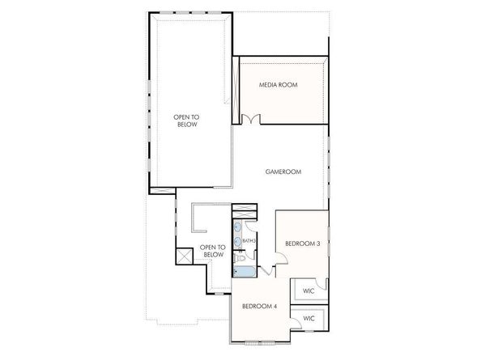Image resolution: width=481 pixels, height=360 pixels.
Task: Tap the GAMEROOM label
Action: point(284,172)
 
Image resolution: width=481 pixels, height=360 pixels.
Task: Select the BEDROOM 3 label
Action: point(303,243)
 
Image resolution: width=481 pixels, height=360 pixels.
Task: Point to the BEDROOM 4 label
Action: point(259,306)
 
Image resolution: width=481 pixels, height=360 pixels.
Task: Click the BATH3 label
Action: point(249,240)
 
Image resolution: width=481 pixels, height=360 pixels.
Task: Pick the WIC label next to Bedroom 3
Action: point(309,290)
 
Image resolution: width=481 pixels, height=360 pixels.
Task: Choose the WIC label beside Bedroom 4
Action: point(309,319)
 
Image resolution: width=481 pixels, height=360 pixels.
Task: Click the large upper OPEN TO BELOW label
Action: point(186,121)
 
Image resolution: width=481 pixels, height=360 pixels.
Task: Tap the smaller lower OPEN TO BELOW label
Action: point(212,252)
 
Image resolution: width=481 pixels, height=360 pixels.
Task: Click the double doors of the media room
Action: point(251,120)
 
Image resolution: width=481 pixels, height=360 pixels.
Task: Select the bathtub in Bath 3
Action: point(242,271)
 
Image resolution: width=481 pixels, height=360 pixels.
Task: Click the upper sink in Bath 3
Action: point(238,227)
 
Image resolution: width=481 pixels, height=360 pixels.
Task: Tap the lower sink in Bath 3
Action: point(238,239)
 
